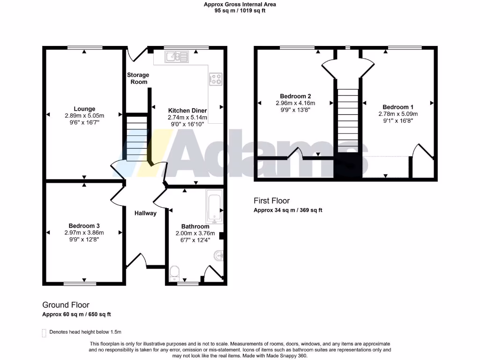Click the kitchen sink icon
point(176,57)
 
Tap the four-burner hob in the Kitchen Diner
point(216,79)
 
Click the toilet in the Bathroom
point(174,272)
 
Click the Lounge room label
point(84,109)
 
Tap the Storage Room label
point(138,78)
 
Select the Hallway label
point(145,213)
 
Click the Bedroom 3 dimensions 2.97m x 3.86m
point(84,232)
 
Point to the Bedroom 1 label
point(398,107)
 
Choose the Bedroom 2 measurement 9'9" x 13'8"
point(295,110)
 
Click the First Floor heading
point(271,201)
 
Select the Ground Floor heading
point(66,305)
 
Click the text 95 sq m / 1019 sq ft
point(240,11)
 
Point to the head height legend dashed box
point(45,333)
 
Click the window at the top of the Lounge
point(84,47)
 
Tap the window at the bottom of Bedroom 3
point(80,283)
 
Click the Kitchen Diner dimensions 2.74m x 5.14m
point(187,118)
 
